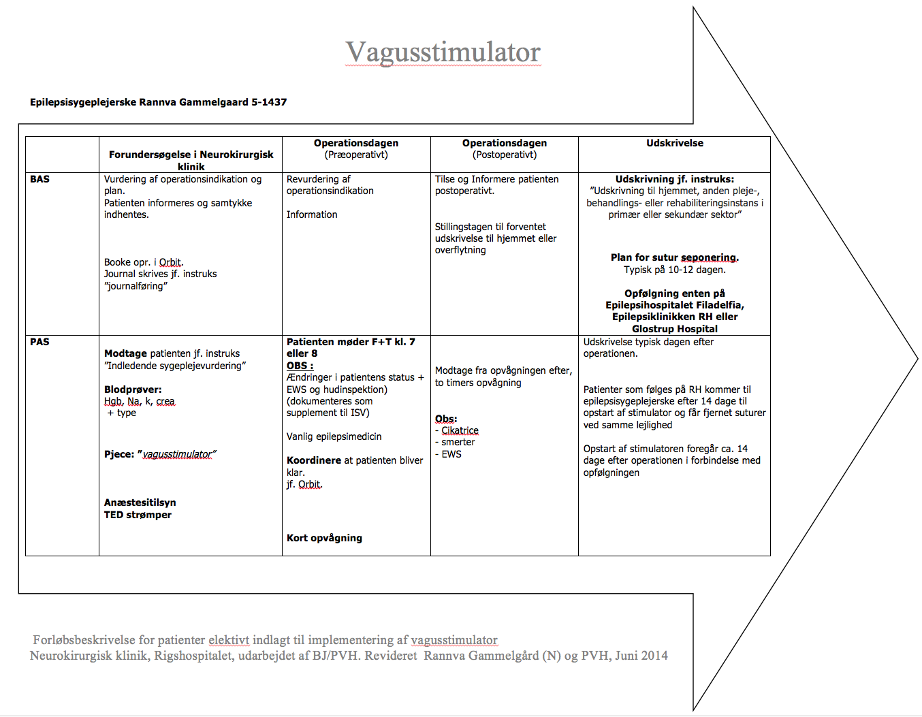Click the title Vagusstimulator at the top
point(443,52)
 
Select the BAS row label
point(39,179)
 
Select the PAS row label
point(39,342)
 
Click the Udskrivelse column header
point(674,143)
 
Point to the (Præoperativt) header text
point(356,155)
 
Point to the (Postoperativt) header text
point(505,155)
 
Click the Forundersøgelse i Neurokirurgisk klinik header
point(191,161)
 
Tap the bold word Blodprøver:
point(133,389)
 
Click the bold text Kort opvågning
point(324,538)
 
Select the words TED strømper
point(138,515)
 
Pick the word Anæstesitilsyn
point(140,503)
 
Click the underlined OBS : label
point(300,366)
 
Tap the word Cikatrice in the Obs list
point(460,430)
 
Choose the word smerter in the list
point(458,442)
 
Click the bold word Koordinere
point(314,460)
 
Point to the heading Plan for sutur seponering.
point(674,257)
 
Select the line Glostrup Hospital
point(674,329)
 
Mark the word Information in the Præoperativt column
point(312,214)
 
